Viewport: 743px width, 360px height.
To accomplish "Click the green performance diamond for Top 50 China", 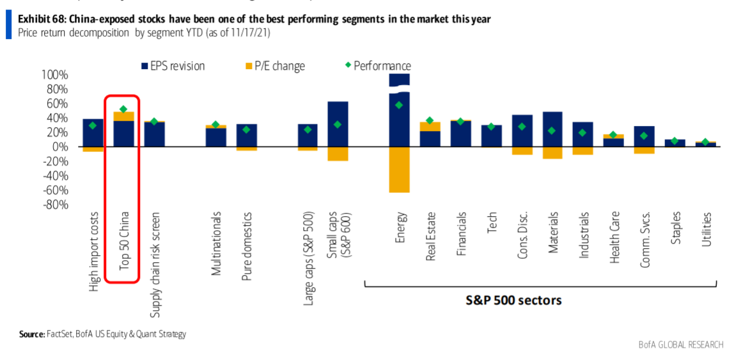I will (123, 109).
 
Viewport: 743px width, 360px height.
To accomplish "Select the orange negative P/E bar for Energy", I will (399, 169).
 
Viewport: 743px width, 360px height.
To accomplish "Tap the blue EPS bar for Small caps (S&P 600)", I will (338, 124).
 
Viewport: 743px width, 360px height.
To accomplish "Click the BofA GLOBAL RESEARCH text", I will (680, 345).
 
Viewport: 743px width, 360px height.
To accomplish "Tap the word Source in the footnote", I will (31, 334).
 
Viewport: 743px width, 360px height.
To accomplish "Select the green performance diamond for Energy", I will (399, 105).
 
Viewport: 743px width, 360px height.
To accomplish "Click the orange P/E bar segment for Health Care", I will (613, 136).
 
